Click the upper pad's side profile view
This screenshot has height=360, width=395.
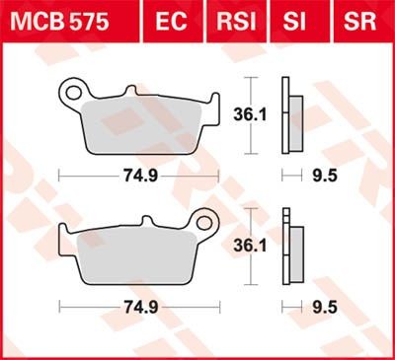288,114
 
